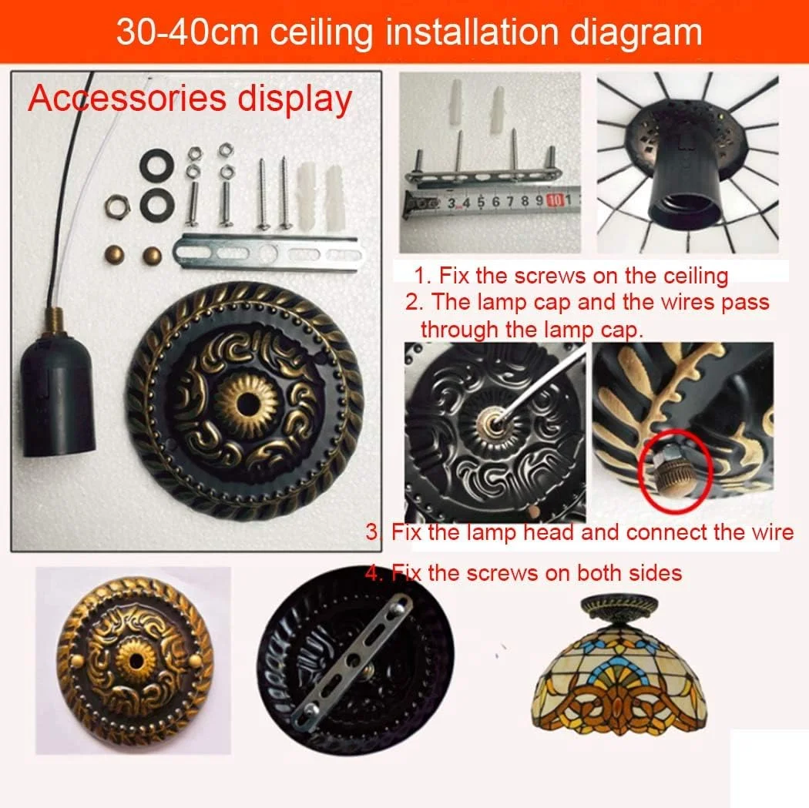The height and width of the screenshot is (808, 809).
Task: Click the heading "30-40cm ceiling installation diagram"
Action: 409,32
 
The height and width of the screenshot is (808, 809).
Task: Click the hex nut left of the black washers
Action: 117,206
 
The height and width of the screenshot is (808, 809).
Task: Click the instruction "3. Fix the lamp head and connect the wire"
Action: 579,531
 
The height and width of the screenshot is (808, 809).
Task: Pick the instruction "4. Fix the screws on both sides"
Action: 524,572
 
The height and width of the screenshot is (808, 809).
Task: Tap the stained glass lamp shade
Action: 620,682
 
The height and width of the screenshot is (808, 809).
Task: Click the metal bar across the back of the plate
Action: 352,661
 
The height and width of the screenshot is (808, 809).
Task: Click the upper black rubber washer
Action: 156,162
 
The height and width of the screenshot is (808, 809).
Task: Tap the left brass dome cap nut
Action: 114,255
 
